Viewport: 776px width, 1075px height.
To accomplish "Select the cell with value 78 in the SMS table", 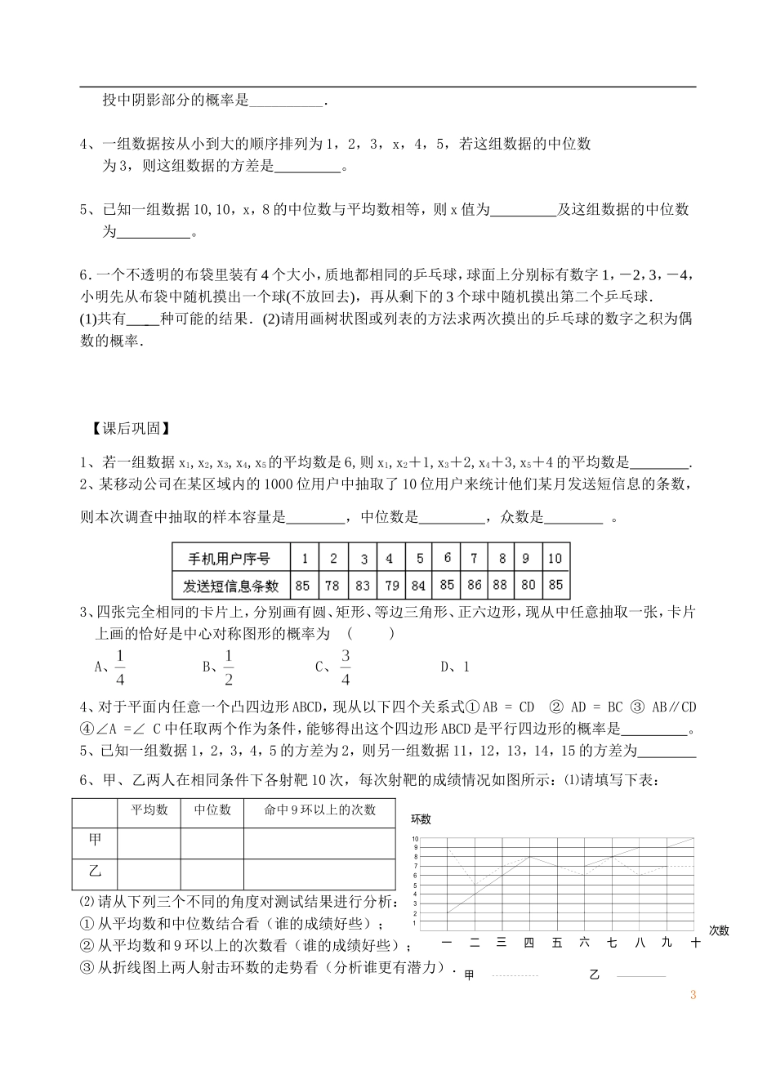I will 332,586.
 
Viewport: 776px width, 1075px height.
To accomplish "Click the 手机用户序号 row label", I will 229,560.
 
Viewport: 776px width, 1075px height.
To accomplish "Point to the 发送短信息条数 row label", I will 229,586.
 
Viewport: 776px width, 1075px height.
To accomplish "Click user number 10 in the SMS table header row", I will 555,559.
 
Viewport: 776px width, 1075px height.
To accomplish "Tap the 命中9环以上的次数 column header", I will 320,810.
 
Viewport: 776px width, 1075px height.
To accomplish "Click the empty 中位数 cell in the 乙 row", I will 212,873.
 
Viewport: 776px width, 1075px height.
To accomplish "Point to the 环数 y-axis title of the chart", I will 421,819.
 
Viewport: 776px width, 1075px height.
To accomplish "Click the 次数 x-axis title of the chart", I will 719,930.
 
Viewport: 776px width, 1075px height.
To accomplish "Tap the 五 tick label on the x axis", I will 557,943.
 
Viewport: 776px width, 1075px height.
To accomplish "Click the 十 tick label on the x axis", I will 695,943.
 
